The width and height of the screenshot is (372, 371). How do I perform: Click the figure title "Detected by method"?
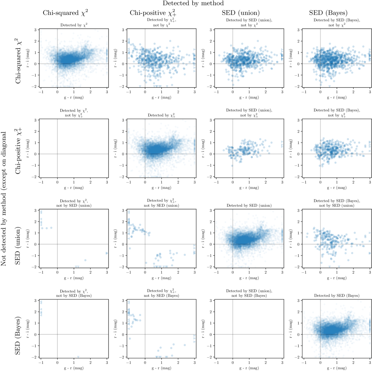[193, 3]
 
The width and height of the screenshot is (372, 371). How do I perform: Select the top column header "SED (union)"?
[240, 13]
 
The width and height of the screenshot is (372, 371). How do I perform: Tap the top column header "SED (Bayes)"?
[328, 13]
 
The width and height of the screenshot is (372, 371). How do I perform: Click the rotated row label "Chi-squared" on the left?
[18, 61]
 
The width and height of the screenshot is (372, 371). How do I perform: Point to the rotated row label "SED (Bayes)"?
[18, 335]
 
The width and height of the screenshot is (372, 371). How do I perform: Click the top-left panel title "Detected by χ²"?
[74, 25]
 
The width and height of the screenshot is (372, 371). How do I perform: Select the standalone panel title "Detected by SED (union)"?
[249, 205]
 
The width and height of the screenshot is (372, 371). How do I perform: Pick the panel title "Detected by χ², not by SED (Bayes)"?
[74, 293]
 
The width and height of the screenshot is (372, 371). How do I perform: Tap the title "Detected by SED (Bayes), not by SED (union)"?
[337, 203]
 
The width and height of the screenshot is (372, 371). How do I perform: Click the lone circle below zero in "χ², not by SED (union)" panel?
[85, 260]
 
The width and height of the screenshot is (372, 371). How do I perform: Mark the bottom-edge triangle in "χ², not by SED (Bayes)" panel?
[78, 357]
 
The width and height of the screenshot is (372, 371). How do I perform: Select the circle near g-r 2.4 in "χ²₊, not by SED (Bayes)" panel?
[185, 345]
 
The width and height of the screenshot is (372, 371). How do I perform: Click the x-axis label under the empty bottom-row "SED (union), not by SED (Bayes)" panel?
[249, 368]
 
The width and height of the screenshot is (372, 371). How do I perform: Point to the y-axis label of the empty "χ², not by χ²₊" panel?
[28, 148]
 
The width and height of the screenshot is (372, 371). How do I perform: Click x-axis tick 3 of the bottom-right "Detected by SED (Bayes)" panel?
[370, 363]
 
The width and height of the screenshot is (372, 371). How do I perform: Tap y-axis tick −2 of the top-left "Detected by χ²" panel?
[35, 87]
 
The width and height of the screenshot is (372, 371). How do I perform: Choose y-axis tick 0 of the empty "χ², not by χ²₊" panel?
[35, 154]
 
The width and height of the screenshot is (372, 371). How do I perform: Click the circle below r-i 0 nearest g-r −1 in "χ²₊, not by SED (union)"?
[130, 248]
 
